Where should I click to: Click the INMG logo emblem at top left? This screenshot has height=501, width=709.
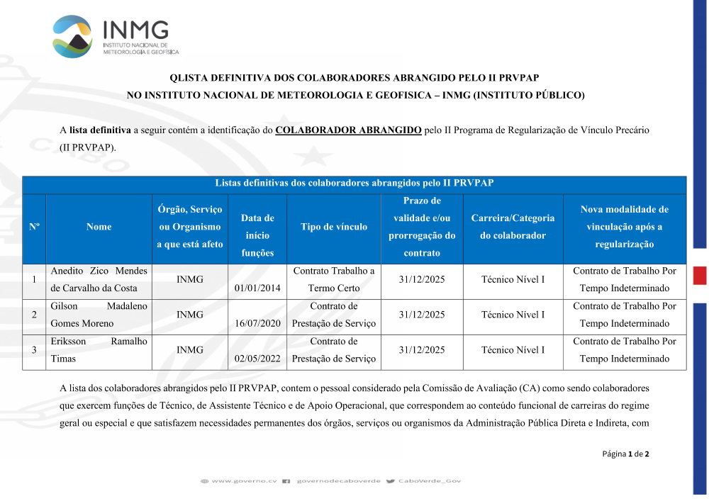(x=72, y=36)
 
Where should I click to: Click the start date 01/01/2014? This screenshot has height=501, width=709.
(x=258, y=288)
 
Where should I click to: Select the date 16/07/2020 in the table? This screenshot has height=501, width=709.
(x=258, y=323)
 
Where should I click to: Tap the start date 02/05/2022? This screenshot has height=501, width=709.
(x=258, y=359)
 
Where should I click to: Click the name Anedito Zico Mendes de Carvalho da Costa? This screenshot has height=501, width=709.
(x=99, y=279)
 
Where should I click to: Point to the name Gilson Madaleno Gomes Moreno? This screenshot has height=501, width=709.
(x=99, y=315)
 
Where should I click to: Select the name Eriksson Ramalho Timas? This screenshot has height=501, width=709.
(x=99, y=350)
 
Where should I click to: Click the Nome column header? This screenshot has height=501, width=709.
(x=99, y=227)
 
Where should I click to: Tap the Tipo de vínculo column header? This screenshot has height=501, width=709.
(x=334, y=227)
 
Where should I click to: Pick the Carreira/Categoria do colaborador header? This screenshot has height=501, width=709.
(x=513, y=227)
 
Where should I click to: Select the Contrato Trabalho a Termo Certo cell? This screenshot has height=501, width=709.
(x=334, y=279)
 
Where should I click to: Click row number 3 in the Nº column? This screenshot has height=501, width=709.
(x=34, y=350)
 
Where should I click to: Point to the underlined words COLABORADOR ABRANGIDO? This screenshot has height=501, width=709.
(x=348, y=130)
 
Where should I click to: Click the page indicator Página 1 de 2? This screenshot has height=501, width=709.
(x=625, y=454)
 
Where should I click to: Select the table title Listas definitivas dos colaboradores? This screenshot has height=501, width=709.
(x=354, y=184)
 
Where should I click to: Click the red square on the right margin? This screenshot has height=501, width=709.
(x=700, y=276)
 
